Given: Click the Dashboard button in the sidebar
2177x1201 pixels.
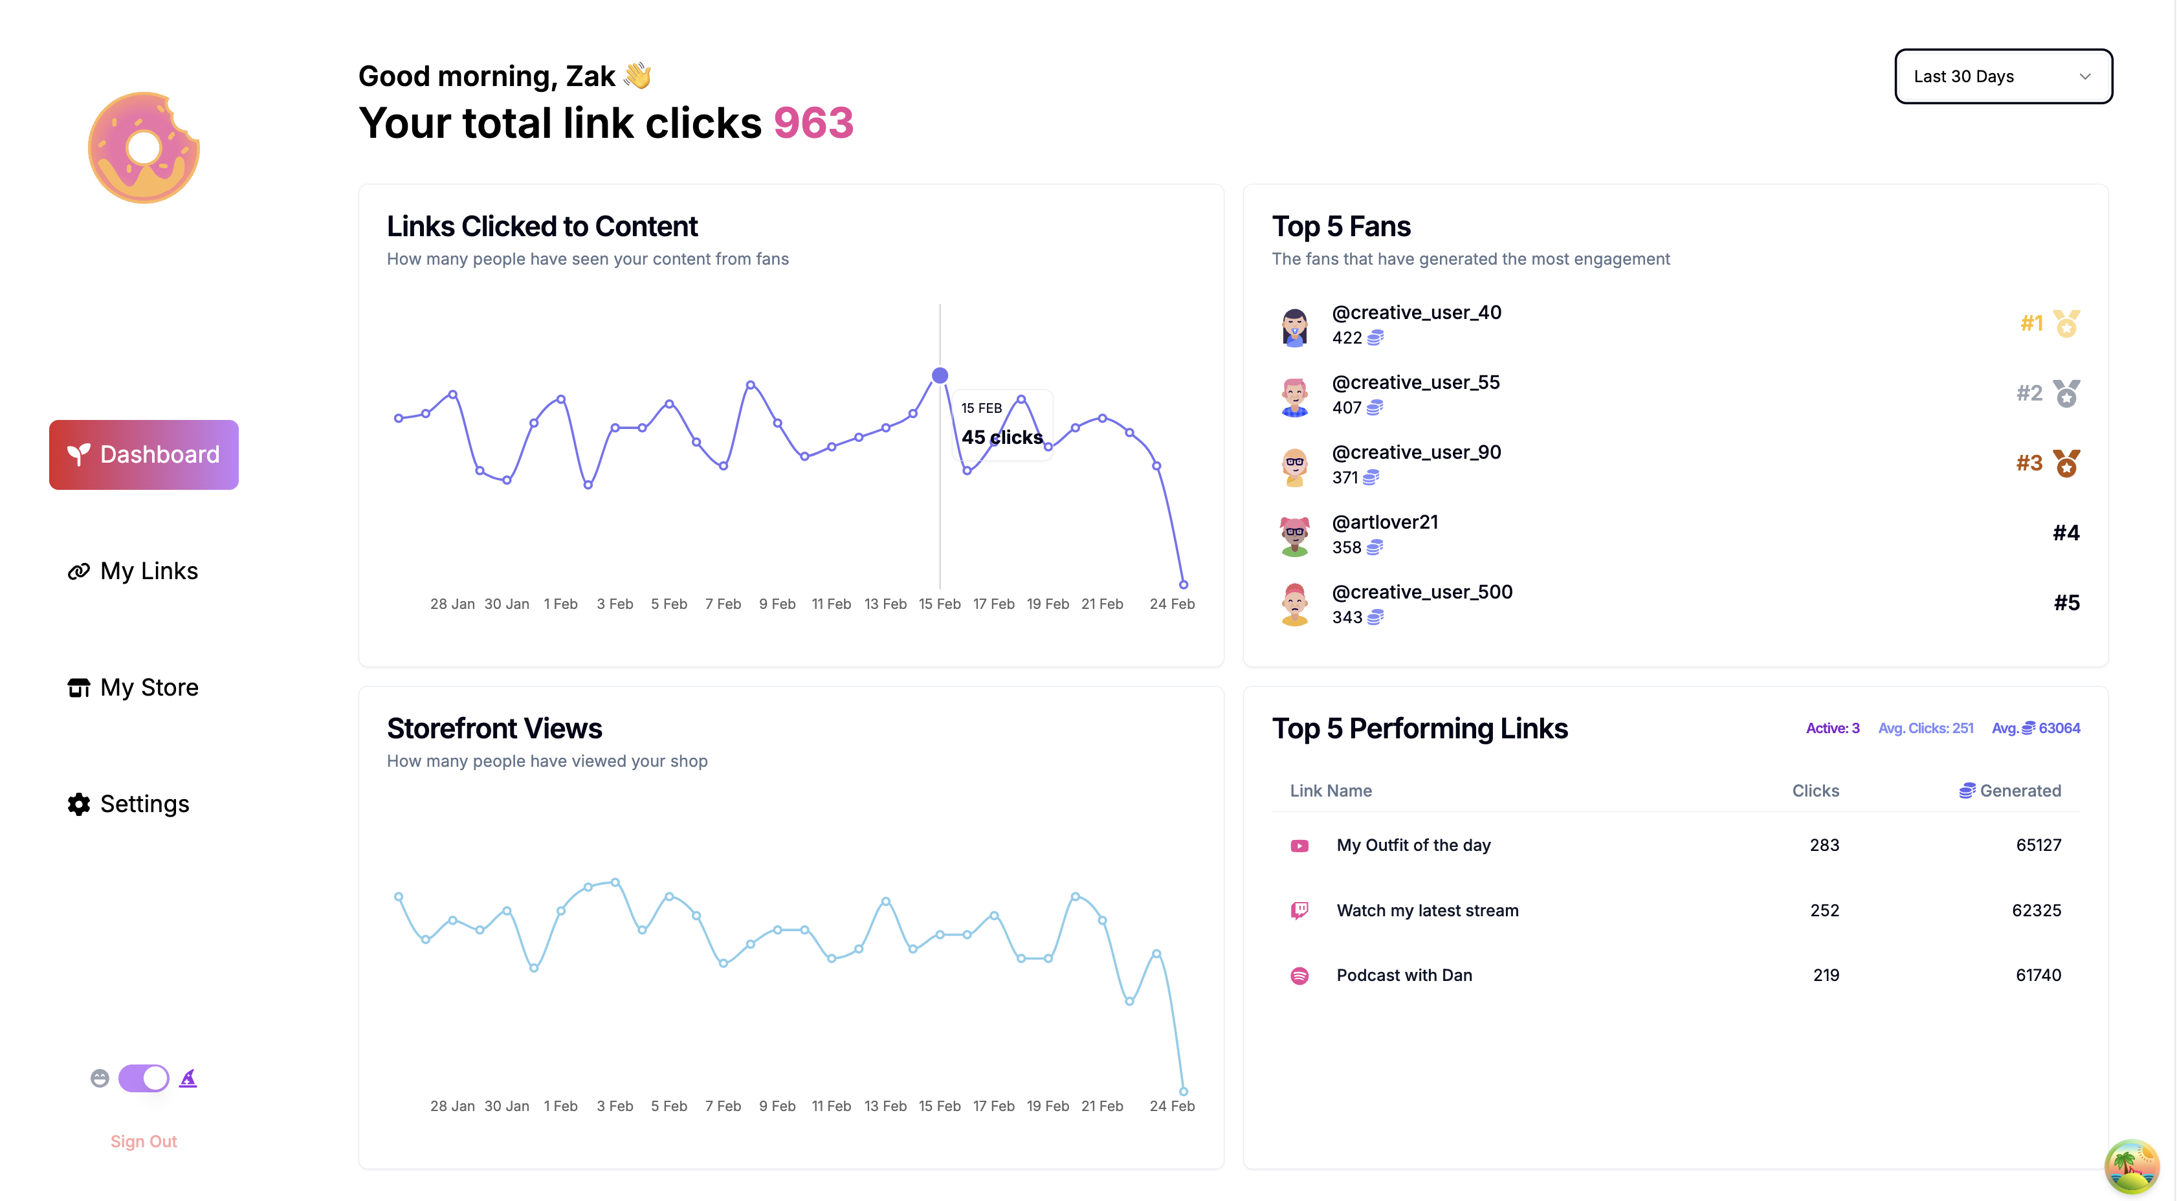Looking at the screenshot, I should [x=144, y=455].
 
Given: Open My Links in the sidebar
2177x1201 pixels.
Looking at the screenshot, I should [x=133, y=571].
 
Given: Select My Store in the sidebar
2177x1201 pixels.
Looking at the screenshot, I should [x=133, y=688].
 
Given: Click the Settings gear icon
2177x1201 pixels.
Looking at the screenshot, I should [x=78, y=804].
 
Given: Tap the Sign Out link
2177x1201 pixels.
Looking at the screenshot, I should [x=144, y=1141].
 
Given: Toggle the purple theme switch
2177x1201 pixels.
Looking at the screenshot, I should [x=144, y=1077].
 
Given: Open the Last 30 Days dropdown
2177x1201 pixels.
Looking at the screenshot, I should [x=2003, y=76].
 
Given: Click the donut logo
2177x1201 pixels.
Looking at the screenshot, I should [x=144, y=148].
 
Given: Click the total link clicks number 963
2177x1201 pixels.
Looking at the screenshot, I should [x=813, y=124].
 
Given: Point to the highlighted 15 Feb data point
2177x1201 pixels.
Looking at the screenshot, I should [x=940, y=375].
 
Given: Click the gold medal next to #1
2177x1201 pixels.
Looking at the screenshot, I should [x=2066, y=323].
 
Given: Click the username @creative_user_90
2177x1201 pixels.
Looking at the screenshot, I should [x=1417, y=452].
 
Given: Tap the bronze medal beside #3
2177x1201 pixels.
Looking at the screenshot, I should [x=2066, y=463].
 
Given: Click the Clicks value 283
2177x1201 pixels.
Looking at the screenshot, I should [x=1824, y=845].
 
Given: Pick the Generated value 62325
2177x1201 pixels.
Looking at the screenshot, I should [x=2036, y=910].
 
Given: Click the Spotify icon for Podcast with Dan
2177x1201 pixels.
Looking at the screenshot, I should [x=1299, y=975].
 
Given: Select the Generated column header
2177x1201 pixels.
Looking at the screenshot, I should [x=2011, y=790].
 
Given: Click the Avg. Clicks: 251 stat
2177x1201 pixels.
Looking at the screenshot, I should [x=1925, y=728].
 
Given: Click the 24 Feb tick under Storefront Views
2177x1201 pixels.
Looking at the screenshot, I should [x=1171, y=1105].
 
